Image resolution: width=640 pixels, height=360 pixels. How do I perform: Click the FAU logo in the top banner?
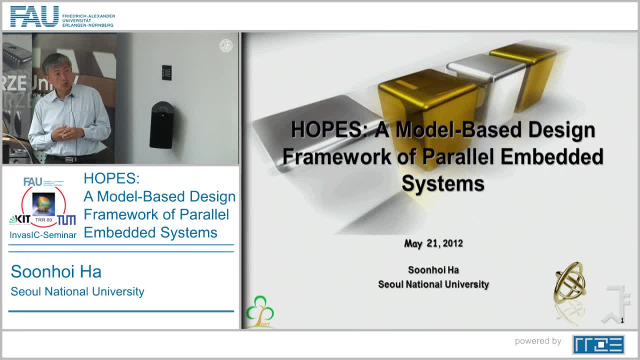tap(35, 16)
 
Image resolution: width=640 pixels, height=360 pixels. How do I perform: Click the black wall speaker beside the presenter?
tap(161, 124)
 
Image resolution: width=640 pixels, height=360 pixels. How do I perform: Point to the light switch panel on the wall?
tap(166, 72)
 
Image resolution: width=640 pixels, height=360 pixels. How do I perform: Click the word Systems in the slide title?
tap(443, 183)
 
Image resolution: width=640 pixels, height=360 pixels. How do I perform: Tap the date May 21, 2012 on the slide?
tap(433, 243)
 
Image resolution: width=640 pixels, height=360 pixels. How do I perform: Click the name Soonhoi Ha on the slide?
tap(433, 270)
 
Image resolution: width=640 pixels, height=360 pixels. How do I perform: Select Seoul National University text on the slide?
tap(433, 284)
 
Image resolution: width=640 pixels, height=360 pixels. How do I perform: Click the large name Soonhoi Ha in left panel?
tap(56, 271)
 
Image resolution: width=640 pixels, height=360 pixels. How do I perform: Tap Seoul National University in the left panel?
tap(77, 291)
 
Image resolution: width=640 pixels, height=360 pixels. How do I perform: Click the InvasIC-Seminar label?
tap(43, 235)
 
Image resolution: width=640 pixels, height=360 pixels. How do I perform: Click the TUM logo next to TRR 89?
tap(66, 219)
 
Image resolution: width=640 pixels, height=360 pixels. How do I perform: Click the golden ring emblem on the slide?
tap(569, 282)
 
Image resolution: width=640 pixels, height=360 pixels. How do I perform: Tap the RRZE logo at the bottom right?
tap(598, 344)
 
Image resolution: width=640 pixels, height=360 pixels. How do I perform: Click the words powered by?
tap(538, 341)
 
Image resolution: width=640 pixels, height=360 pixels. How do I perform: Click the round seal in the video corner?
tap(226, 46)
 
